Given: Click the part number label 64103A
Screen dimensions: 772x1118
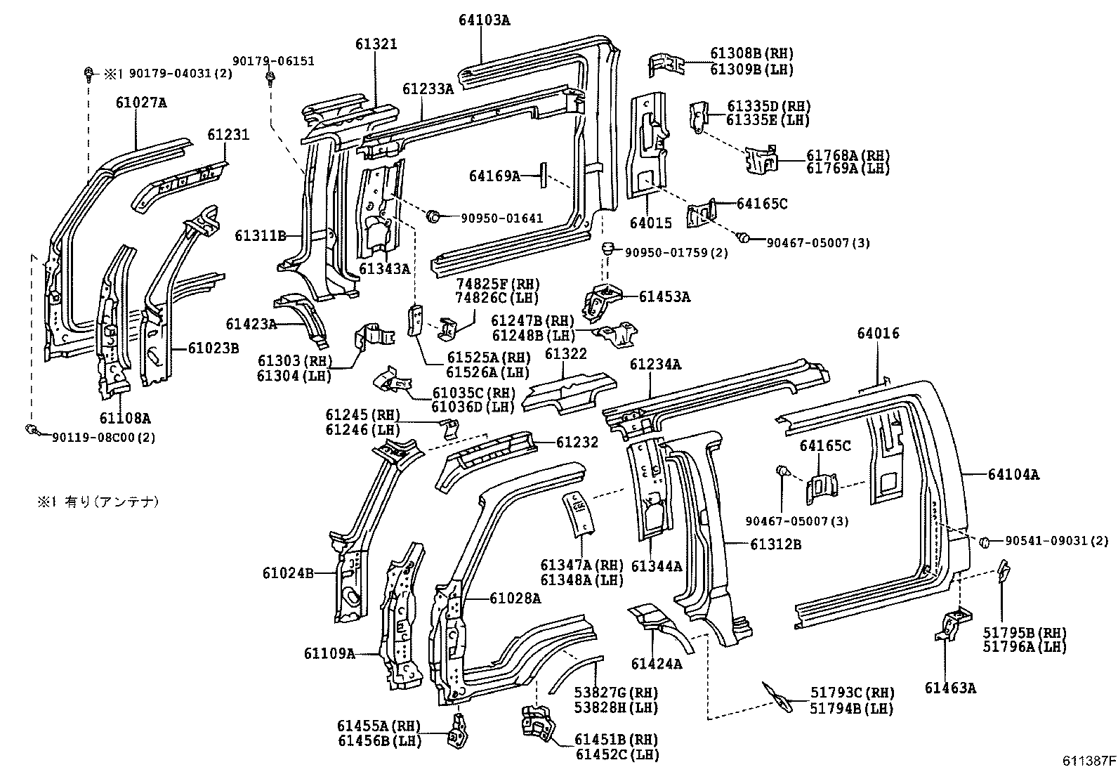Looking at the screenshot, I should click(485, 20).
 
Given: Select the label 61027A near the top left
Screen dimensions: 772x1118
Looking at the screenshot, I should click(141, 103).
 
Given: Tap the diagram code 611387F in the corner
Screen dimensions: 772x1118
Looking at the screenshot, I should click(1088, 761).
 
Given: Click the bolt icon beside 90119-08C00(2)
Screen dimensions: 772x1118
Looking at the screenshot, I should click(30, 428).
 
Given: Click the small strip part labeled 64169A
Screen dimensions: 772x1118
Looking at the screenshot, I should click(542, 174).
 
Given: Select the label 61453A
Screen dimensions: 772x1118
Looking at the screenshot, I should click(664, 297).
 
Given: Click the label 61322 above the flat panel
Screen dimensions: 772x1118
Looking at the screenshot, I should click(565, 354).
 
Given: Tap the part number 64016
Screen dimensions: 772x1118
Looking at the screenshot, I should click(877, 334).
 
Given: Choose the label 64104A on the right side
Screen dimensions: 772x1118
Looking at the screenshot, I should click(1013, 475).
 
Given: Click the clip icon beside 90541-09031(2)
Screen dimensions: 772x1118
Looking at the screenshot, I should click(985, 541).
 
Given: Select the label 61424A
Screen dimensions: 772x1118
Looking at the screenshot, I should click(656, 664).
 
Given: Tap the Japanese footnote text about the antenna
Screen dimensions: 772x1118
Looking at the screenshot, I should click(98, 502).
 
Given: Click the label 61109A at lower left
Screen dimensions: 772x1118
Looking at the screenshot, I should click(329, 653).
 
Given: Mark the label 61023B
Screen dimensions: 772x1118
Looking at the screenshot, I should click(213, 348).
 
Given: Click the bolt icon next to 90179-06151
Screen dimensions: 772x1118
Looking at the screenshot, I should click(270, 79).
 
